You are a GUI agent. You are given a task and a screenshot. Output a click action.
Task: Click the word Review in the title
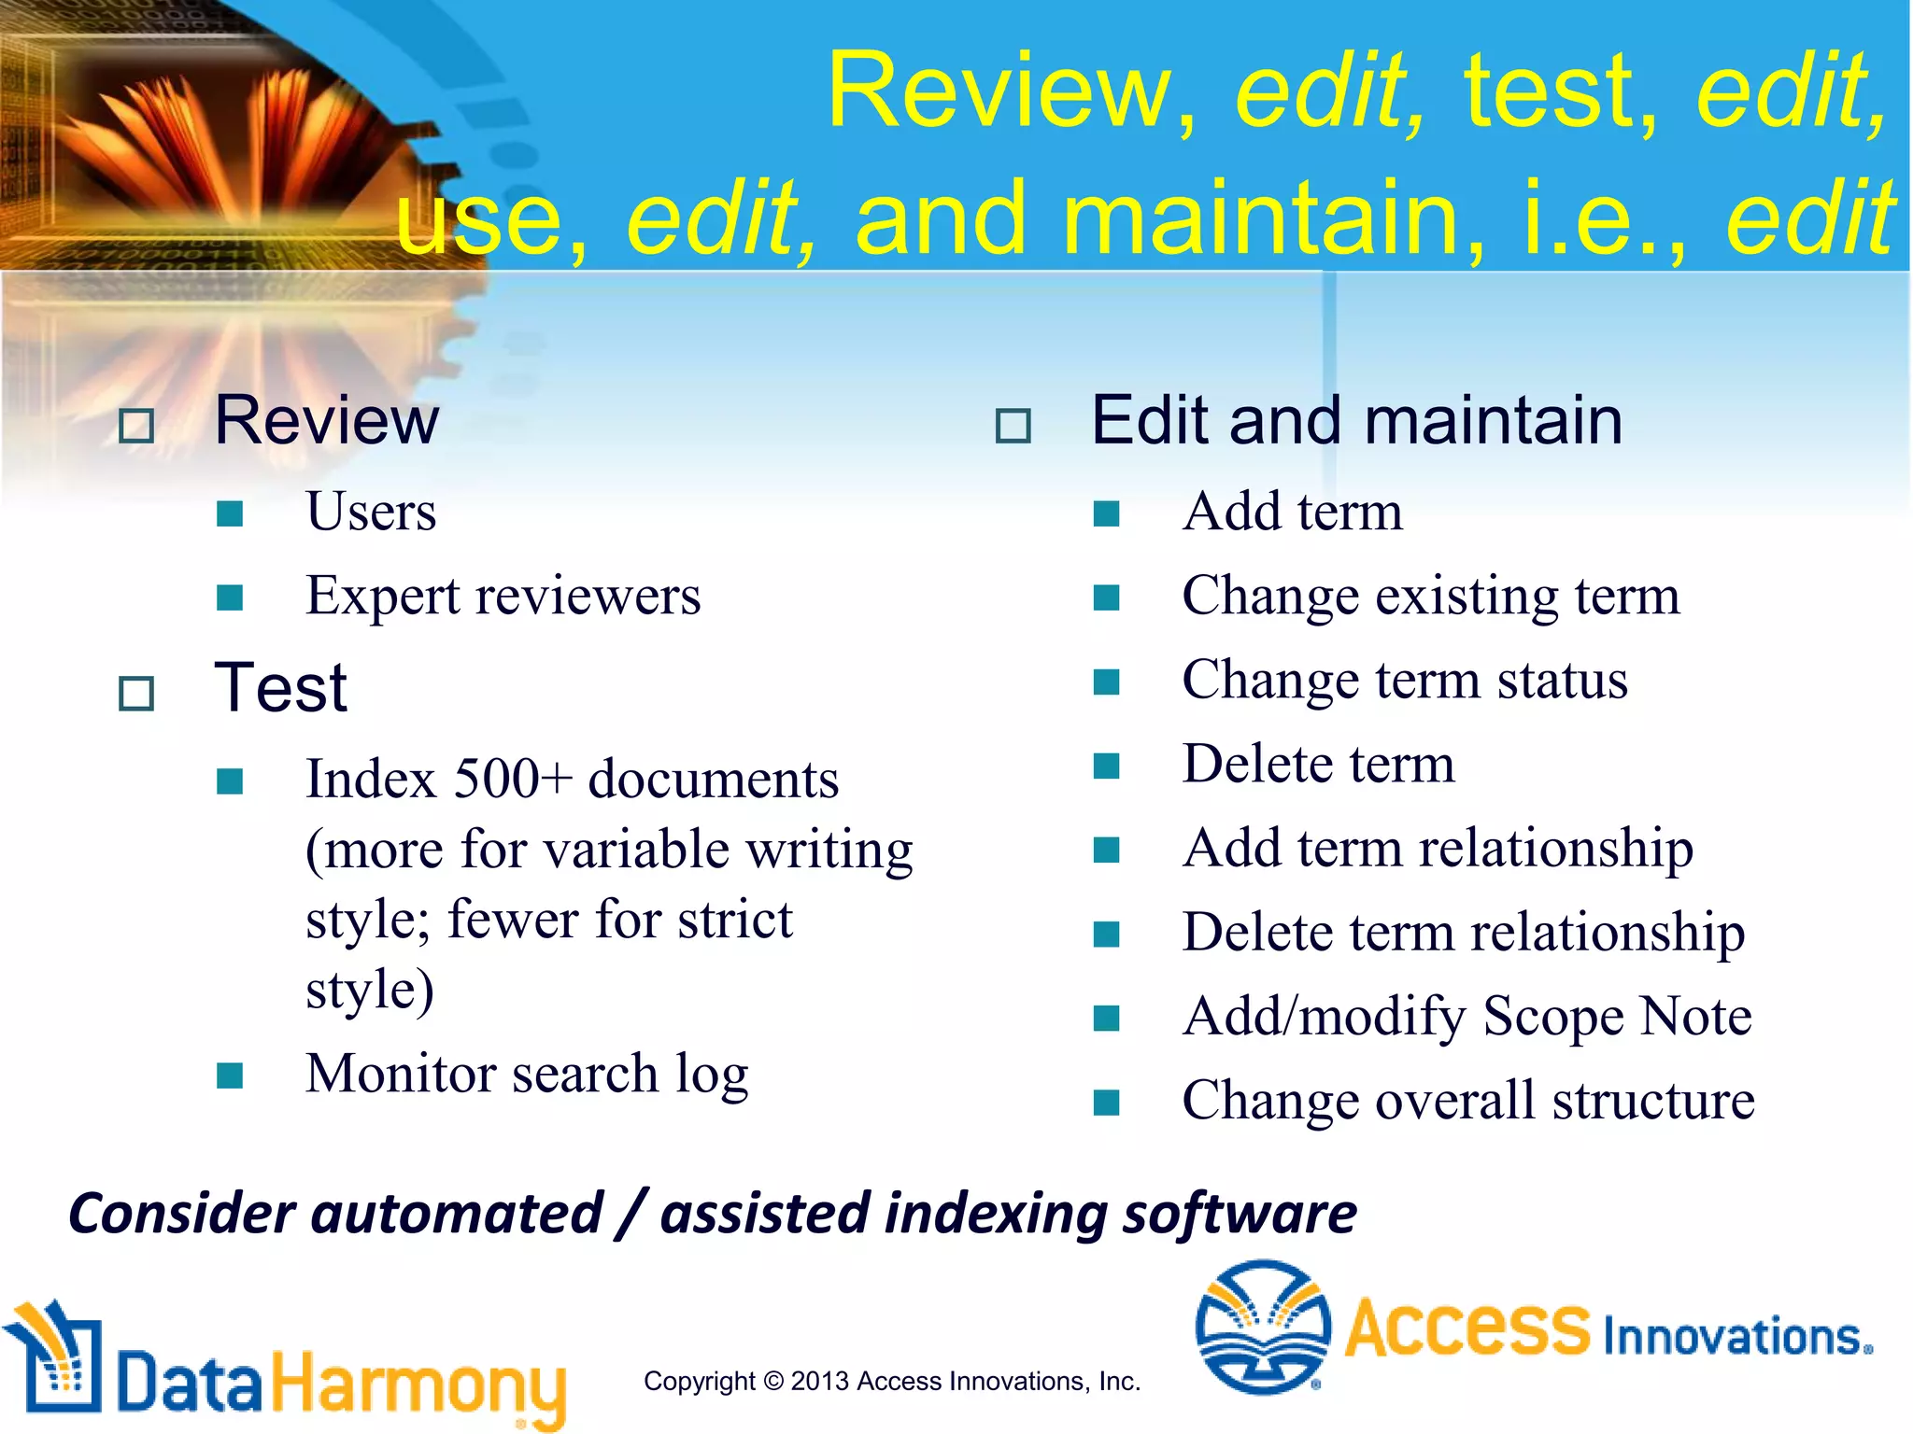[x=999, y=91]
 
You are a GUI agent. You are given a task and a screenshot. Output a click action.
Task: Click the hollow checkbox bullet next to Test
[x=136, y=694]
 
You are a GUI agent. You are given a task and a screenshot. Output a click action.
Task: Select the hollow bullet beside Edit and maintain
[x=1013, y=426]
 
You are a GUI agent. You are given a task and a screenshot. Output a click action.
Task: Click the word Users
[x=371, y=513]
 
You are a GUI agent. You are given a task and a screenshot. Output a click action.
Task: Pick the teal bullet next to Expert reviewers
[x=230, y=597]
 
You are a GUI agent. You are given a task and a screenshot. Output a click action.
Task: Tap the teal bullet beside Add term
[x=1106, y=513]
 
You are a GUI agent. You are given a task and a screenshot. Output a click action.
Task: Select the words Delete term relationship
[x=1463, y=932]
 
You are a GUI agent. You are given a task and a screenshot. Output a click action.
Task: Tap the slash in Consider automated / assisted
[x=631, y=1215]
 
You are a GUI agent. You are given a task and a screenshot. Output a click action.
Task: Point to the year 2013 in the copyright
[x=819, y=1382]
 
